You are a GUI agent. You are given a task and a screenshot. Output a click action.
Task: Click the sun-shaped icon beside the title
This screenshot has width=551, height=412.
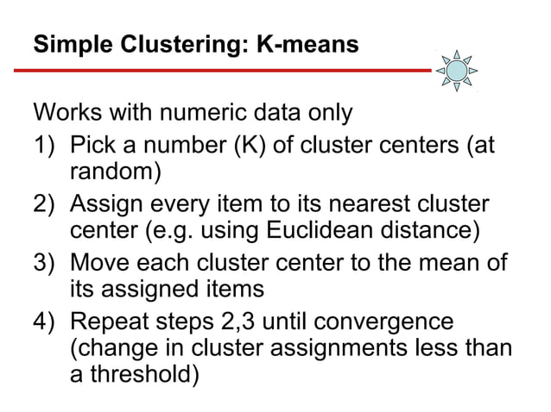click(455, 70)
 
